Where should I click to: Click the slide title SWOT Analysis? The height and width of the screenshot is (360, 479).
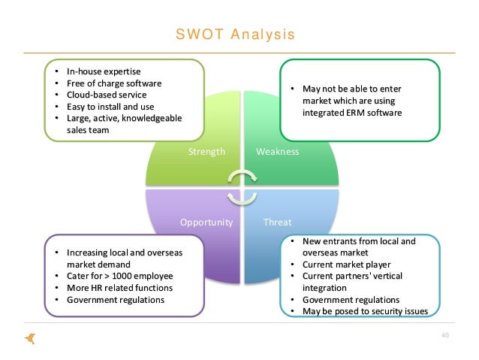(235, 35)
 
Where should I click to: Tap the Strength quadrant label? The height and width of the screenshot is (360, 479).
(207, 151)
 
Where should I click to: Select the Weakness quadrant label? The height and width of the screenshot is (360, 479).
(277, 151)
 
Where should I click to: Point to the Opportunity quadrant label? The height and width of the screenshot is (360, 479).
(206, 222)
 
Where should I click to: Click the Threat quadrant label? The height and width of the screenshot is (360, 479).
(277, 222)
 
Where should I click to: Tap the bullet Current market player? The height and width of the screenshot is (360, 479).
(345, 265)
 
